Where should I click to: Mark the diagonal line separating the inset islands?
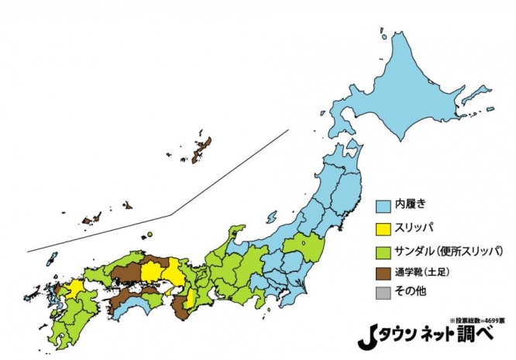tap(170, 213)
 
